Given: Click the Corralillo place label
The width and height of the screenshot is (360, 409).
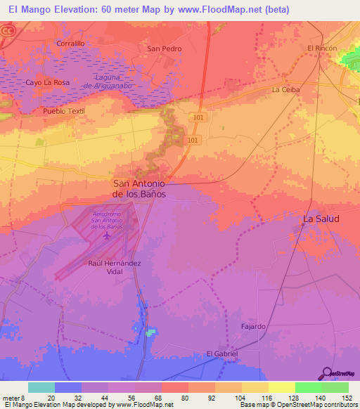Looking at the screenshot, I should [x=70, y=43].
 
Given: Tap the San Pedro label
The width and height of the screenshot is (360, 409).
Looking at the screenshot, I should [x=164, y=48].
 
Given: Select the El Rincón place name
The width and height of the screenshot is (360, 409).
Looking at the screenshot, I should [x=322, y=48].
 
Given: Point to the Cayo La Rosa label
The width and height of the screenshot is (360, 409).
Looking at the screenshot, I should [x=48, y=82].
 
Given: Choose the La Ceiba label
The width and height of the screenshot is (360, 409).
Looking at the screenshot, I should [x=286, y=90].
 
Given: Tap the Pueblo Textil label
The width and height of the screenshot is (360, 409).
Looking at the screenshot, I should [x=63, y=111].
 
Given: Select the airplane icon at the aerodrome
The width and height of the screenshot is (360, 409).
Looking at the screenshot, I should [x=107, y=235].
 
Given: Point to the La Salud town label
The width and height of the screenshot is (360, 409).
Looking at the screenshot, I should [x=321, y=219].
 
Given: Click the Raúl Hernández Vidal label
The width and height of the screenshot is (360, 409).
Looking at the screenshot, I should [x=115, y=267].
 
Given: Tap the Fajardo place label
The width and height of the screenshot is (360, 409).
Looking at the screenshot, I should [x=253, y=327].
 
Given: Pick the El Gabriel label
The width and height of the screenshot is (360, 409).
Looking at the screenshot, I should [x=221, y=353].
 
